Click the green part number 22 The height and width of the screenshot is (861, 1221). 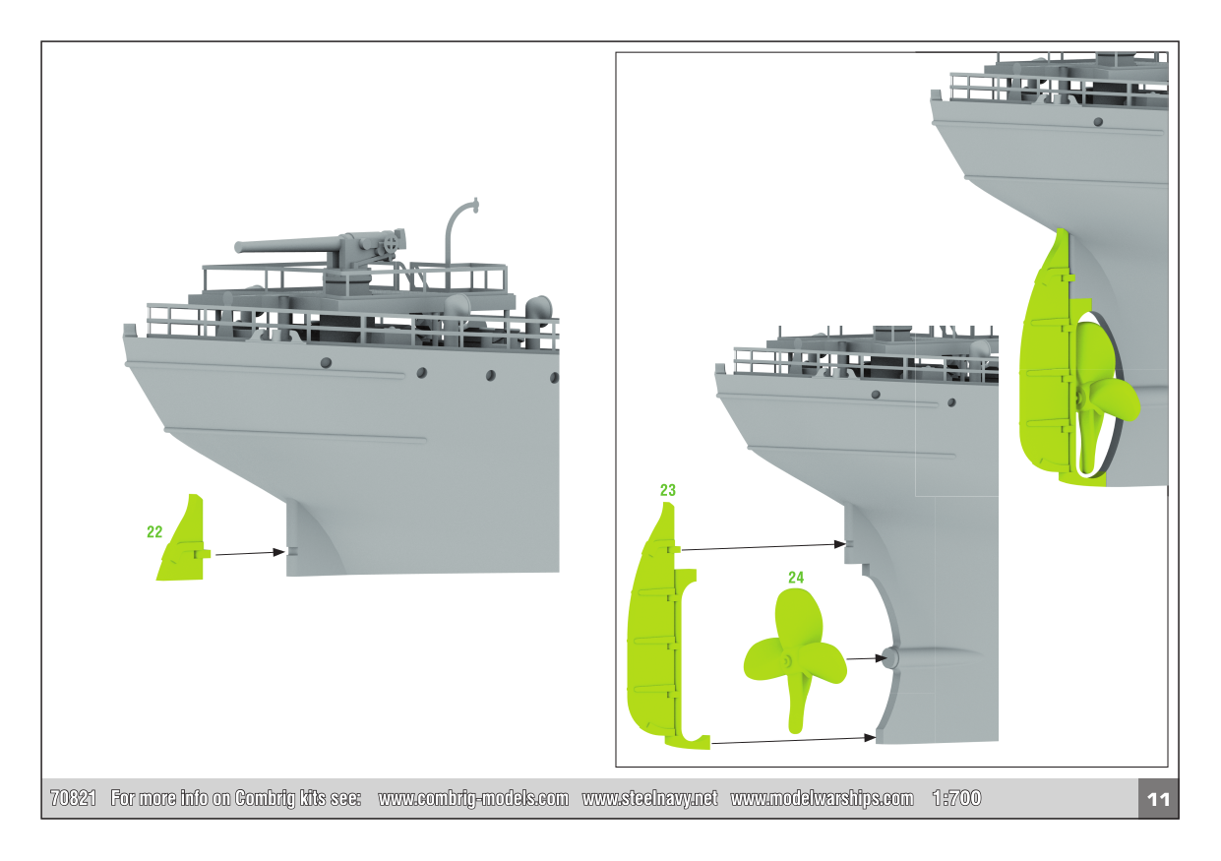[x=154, y=531]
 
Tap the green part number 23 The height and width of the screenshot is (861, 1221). [x=668, y=490]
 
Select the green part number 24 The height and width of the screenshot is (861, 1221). [x=796, y=578]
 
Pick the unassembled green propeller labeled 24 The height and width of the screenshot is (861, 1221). [x=794, y=660]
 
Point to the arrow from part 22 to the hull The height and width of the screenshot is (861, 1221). [x=250, y=553]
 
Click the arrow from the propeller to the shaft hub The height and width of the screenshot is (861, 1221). [x=867, y=658]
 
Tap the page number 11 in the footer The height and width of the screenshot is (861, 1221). [x=1158, y=799]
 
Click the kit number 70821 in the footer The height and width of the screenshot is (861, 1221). [x=73, y=798]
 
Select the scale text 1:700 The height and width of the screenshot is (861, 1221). [x=956, y=798]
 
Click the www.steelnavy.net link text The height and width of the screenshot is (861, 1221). [x=649, y=798]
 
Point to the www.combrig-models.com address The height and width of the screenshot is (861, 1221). [x=473, y=798]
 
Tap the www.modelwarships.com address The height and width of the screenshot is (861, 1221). [x=822, y=798]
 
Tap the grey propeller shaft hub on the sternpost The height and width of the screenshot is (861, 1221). [x=890, y=657]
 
